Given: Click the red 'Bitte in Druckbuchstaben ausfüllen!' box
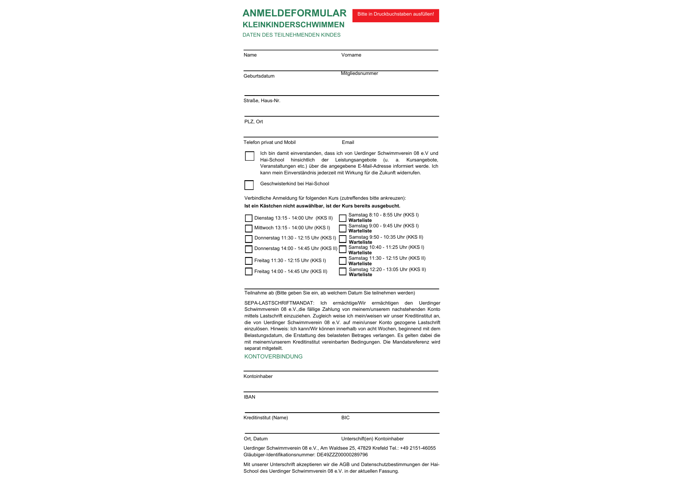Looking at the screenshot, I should [x=395, y=15].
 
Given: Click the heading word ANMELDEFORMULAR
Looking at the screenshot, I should [x=294, y=13].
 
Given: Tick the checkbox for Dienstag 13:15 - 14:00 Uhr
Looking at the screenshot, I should [x=249, y=218].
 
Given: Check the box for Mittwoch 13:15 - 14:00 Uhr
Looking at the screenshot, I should [x=249, y=228].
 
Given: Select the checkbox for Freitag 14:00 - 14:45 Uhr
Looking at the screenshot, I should [x=249, y=271].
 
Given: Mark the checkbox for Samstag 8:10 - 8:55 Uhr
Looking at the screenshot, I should [x=343, y=218].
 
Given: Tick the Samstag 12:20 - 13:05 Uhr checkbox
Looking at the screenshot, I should [x=343, y=271].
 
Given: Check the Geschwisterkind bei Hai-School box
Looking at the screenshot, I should [x=249, y=185].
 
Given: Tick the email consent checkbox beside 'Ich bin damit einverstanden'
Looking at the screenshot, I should [x=250, y=156].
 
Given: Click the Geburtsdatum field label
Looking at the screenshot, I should [x=259, y=76].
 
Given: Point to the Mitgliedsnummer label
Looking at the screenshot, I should [x=359, y=73].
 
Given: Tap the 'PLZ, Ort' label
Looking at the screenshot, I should [x=253, y=122].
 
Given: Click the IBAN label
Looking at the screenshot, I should [x=249, y=397].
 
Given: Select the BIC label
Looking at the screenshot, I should [x=345, y=418].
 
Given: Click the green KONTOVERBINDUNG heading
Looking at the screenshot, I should [x=273, y=356].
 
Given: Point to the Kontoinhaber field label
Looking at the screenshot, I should [x=258, y=376].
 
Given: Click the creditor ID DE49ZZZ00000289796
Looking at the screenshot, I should [x=342, y=455].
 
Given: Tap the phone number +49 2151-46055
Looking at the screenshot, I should [x=418, y=448].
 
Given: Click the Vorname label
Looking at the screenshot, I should [x=351, y=55].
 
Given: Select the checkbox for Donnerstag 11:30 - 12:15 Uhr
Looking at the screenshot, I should [x=249, y=239].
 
